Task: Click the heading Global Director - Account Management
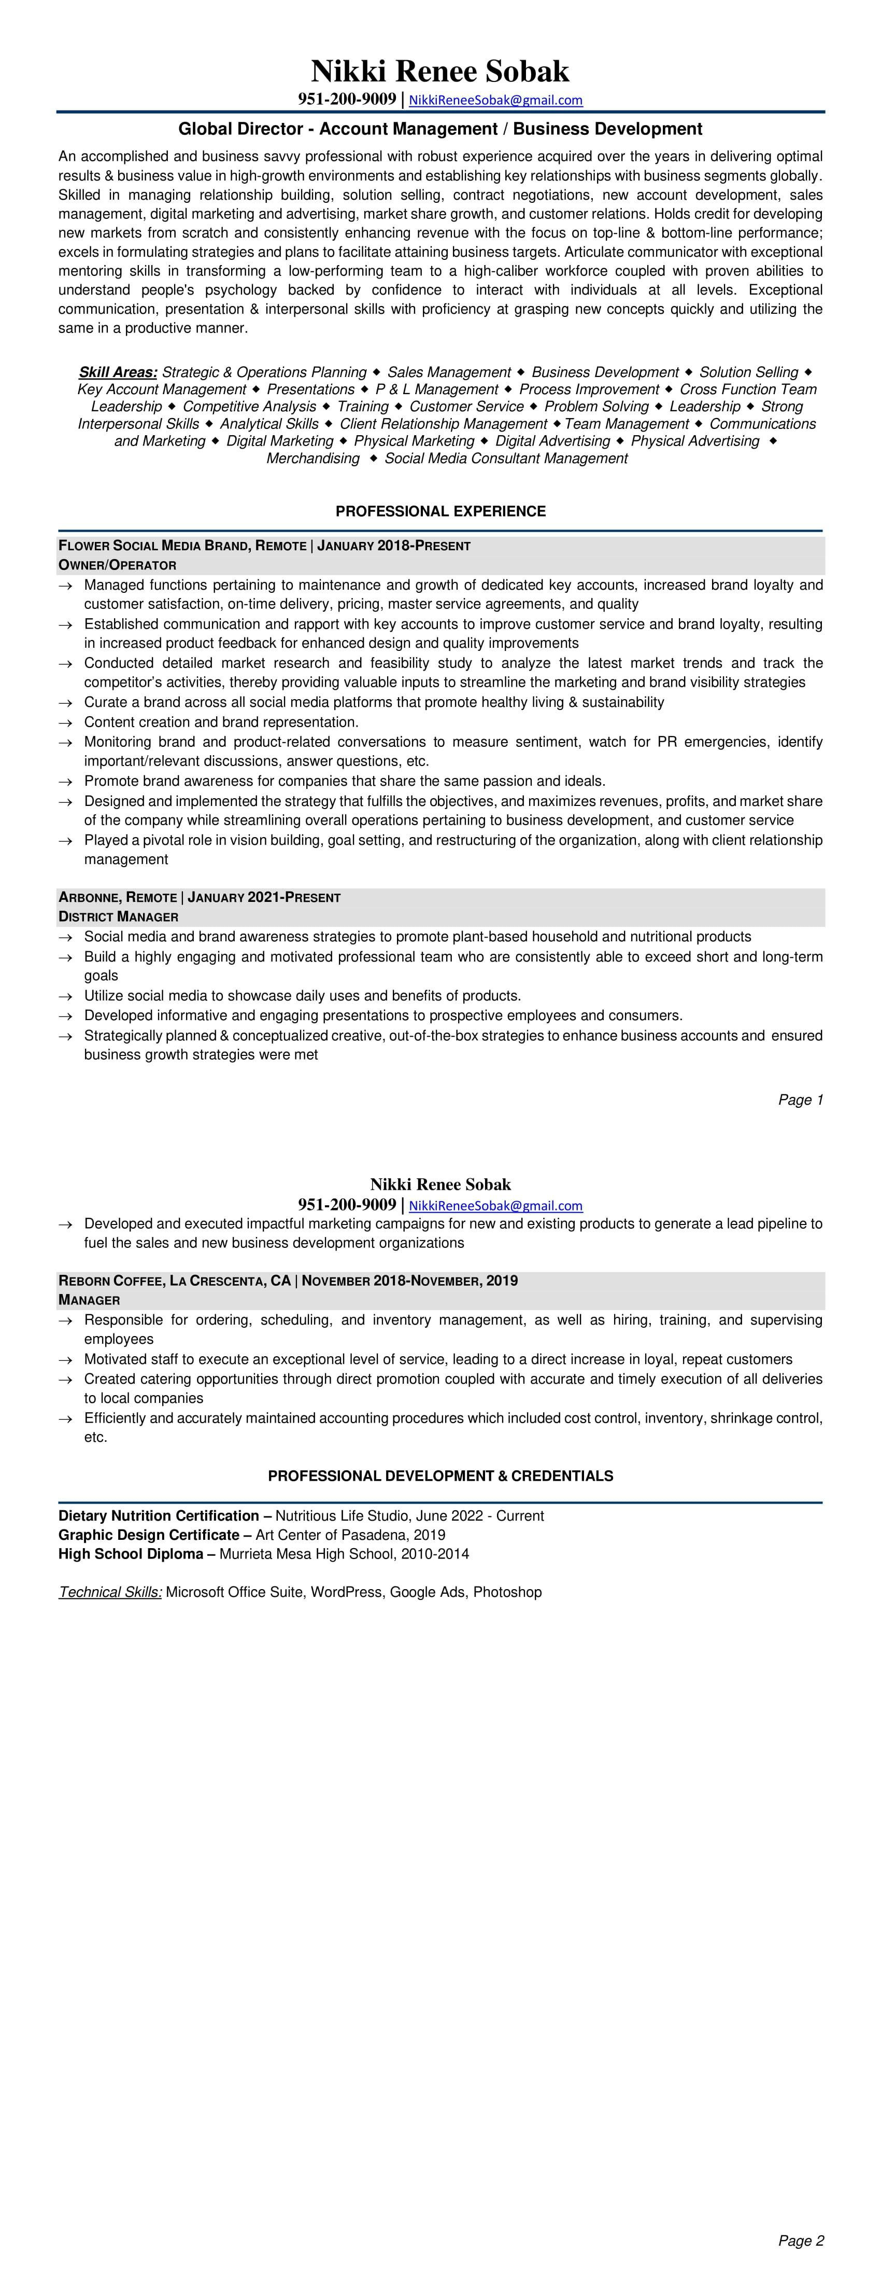pyautogui.click(x=440, y=129)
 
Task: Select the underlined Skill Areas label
pyautogui.click(x=118, y=372)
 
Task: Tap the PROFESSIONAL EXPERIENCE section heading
pyautogui.click(x=440, y=511)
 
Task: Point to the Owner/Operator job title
pyautogui.click(x=117, y=565)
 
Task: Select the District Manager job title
pyautogui.click(x=118, y=917)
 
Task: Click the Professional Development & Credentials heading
pyautogui.click(x=440, y=1477)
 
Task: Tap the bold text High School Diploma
pyautogui.click(x=130, y=1554)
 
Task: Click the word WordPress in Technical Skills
pyautogui.click(x=345, y=1592)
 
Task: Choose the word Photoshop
pyautogui.click(x=507, y=1592)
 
